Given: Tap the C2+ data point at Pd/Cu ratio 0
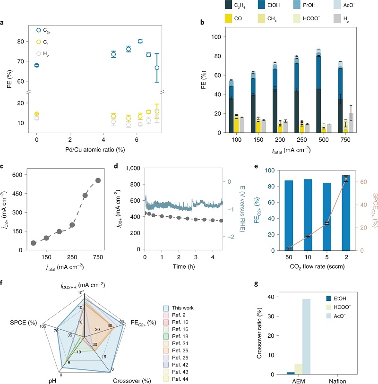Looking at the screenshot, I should [x=37, y=65].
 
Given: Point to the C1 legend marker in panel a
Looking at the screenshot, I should [x=39, y=42].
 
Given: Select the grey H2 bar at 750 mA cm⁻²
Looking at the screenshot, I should [x=351, y=123].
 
